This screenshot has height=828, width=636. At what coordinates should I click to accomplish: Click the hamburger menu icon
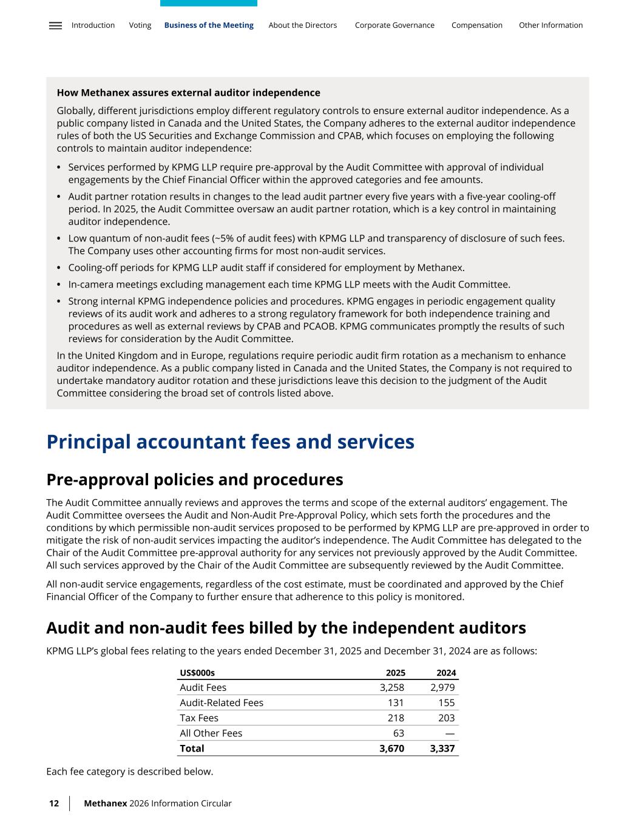pyautogui.click(x=55, y=25)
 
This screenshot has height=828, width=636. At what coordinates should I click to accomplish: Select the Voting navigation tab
pyautogui.click(x=140, y=25)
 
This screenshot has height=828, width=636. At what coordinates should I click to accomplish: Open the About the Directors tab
pyautogui.click(x=302, y=25)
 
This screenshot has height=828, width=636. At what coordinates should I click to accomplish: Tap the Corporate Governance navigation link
pyautogui.click(x=394, y=25)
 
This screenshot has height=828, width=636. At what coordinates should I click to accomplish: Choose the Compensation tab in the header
pyautogui.click(x=476, y=25)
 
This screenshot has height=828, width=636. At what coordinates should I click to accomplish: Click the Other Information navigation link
pyautogui.click(x=550, y=25)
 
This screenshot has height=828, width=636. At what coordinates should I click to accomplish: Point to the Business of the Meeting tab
pyautogui.click(x=209, y=25)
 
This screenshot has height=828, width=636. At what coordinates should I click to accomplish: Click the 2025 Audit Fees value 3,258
pyautogui.click(x=391, y=687)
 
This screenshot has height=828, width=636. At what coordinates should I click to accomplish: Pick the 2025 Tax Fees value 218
pyautogui.click(x=396, y=718)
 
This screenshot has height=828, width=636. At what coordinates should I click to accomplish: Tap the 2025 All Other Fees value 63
pyautogui.click(x=399, y=733)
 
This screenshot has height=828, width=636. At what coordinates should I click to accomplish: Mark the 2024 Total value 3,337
pyautogui.click(x=442, y=749)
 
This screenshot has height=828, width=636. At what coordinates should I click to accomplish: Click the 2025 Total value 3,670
pyautogui.click(x=391, y=749)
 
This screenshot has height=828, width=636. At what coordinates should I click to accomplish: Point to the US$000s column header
pyautogui.click(x=197, y=673)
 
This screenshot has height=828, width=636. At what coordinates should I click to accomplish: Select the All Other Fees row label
pyautogui.click(x=211, y=733)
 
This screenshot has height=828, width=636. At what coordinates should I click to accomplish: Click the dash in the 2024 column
pyautogui.click(x=450, y=733)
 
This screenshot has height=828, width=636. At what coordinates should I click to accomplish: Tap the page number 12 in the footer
pyautogui.click(x=54, y=803)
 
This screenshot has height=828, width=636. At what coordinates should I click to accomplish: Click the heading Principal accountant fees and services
pyautogui.click(x=230, y=442)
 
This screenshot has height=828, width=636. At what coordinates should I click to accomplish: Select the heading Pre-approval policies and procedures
pyautogui.click(x=194, y=480)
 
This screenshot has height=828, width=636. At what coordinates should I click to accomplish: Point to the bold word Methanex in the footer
pyautogui.click(x=105, y=803)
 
